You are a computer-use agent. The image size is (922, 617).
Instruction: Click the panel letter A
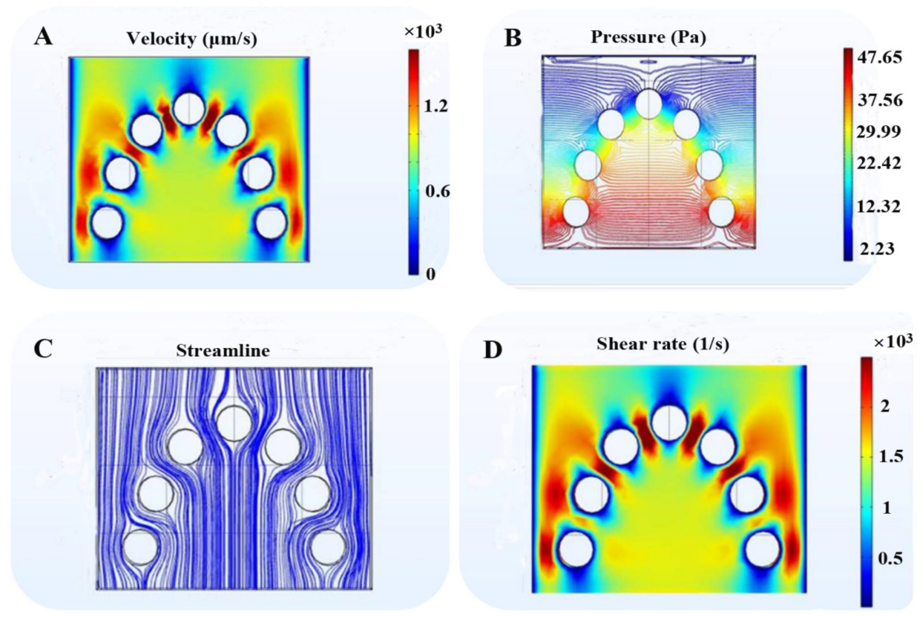pyautogui.click(x=43, y=37)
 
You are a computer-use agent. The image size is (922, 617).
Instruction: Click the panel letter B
pyautogui.click(x=513, y=38)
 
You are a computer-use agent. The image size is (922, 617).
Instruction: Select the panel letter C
pyautogui.click(x=43, y=348)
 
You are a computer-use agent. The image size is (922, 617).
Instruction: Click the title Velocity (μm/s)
pyautogui.click(x=191, y=39)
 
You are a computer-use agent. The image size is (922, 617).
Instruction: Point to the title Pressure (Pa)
pyautogui.click(x=648, y=37)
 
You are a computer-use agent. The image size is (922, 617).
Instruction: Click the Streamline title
pyautogui.click(x=222, y=350)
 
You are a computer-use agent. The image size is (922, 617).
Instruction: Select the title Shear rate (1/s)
pyautogui.click(x=663, y=344)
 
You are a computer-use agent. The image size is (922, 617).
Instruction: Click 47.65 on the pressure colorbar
pyautogui.click(x=880, y=57)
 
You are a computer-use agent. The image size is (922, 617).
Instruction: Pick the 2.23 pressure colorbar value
pyautogui.click(x=878, y=249)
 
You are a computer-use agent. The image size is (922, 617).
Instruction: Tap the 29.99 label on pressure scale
pyautogui.click(x=879, y=131)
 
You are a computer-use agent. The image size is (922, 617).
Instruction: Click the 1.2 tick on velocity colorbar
pyautogui.click(x=436, y=106)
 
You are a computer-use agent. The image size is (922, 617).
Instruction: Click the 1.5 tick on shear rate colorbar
pyautogui.click(x=891, y=456)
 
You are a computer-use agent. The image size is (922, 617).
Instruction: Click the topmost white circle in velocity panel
pyautogui.click(x=189, y=109)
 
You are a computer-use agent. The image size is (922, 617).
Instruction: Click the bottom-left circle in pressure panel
pyautogui.click(x=576, y=211)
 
